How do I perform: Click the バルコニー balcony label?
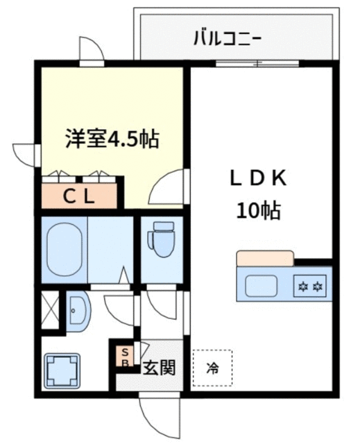point(227,38)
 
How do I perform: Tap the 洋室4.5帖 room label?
point(112,139)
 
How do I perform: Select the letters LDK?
point(258,179)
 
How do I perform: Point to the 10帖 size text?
point(258,211)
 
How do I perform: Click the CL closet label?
point(78,196)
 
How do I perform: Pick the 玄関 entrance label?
point(159,368)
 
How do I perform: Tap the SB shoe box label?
point(125,357)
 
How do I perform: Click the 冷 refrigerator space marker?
point(212,368)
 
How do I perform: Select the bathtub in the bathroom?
point(65,250)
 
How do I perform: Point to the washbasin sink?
point(78,310)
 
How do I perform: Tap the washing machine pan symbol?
point(62,371)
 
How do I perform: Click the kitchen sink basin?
point(261,285)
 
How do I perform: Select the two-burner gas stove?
point(311,286)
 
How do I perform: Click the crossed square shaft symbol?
point(50,310)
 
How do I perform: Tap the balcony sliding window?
point(257,64)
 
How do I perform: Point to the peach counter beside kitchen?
point(265,258)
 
